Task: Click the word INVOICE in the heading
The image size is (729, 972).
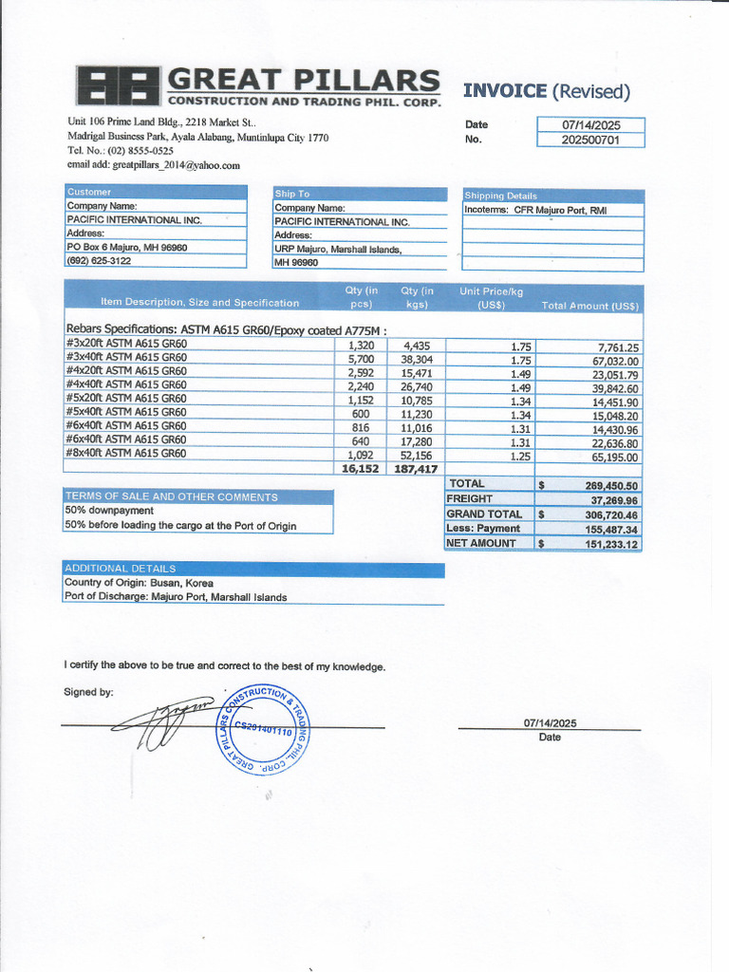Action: point(504,91)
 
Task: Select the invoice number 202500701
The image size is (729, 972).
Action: point(589,140)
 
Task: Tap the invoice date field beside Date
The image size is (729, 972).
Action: point(589,124)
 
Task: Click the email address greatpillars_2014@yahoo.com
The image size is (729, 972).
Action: point(154,164)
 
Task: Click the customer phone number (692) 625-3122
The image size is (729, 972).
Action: point(99,260)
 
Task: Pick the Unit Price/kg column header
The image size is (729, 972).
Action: point(492,297)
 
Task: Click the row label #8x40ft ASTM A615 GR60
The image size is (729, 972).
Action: point(126,453)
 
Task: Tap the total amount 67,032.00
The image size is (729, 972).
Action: point(615,362)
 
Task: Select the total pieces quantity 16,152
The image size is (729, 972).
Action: point(360,468)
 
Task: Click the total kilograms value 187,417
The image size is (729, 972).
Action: point(414,468)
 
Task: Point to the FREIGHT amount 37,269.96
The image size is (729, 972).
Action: point(613,499)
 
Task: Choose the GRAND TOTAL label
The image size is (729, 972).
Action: point(484,514)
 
